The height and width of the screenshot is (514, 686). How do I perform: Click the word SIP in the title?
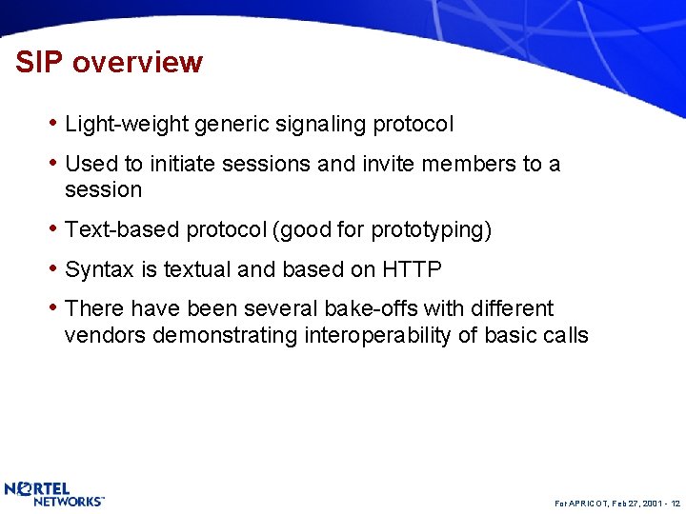pos(39,63)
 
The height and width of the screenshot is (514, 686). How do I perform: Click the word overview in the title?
pos(137,63)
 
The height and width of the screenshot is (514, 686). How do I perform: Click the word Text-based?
pos(122,230)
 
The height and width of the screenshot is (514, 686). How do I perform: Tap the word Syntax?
pos(99,270)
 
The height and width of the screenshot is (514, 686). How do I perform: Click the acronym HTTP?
pos(412,270)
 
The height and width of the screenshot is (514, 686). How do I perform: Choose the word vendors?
pos(105,336)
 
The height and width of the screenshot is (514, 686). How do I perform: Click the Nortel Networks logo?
pos(53,493)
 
